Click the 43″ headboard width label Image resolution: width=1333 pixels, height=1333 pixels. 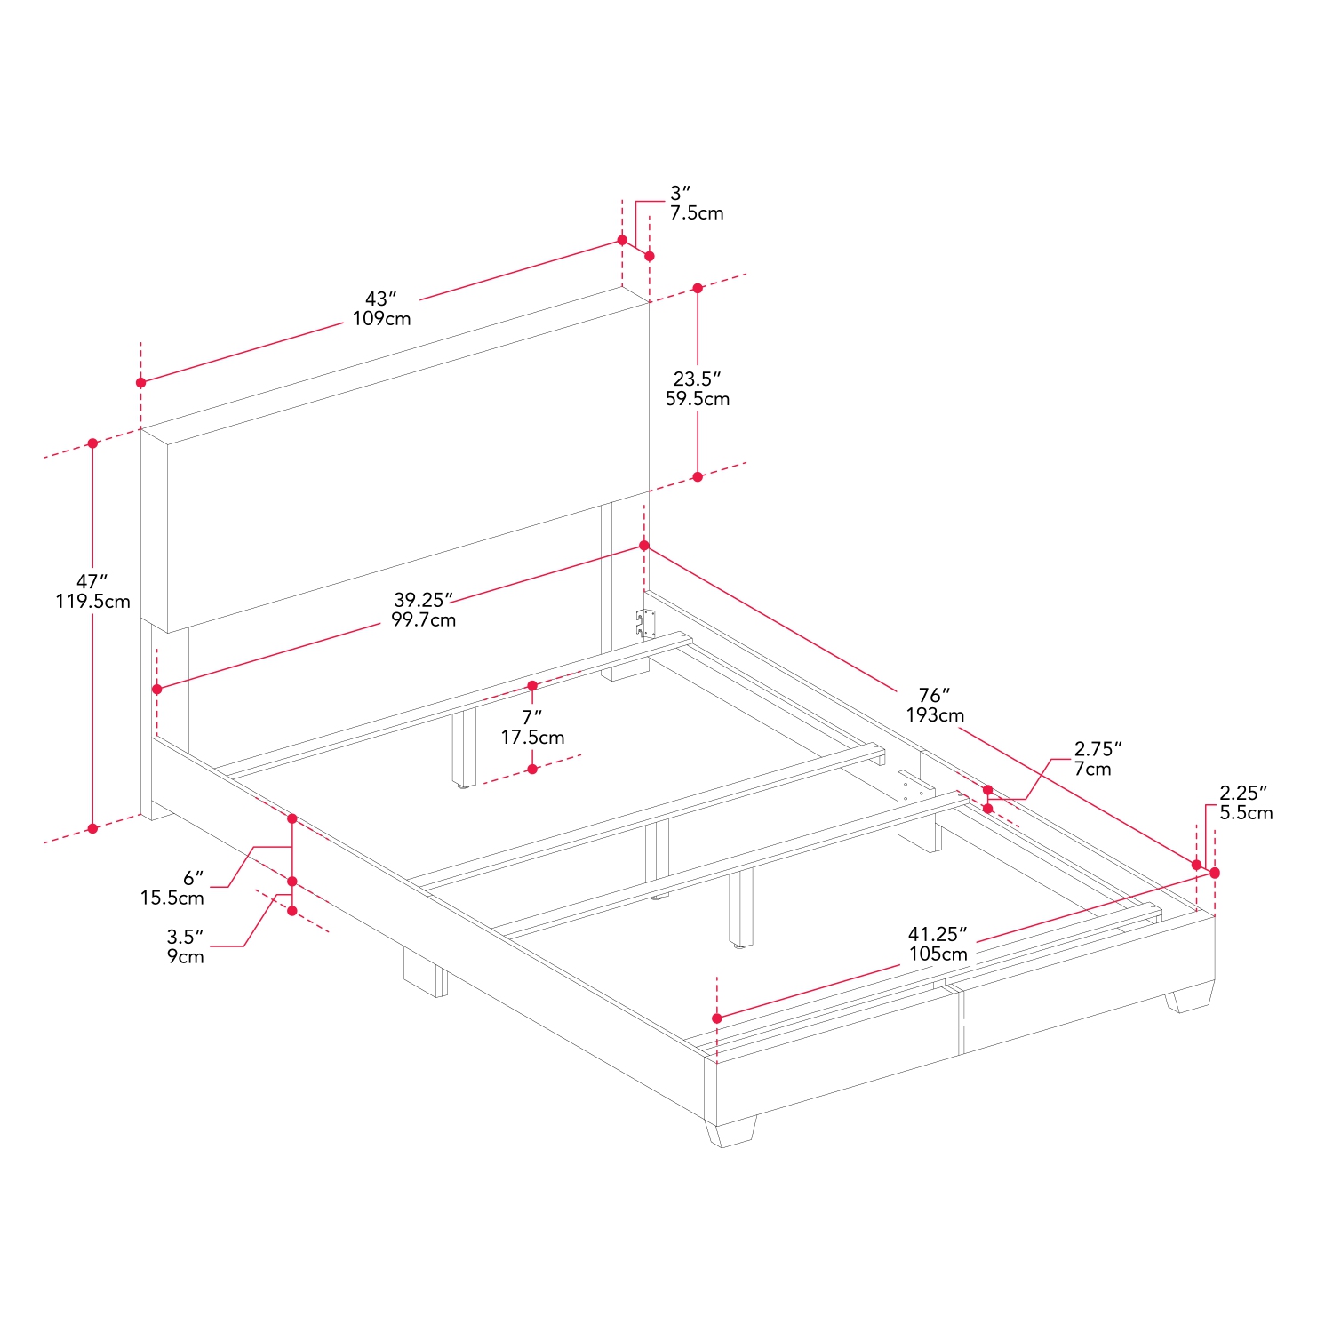(x=380, y=299)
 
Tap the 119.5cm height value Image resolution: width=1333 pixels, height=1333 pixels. (x=92, y=602)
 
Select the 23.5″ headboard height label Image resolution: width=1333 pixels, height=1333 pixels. (x=697, y=379)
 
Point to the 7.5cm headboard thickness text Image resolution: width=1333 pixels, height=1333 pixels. (x=697, y=213)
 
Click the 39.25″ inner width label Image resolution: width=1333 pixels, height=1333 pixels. (x=424, y=601)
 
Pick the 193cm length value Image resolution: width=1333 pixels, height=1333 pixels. (x=935, y=715)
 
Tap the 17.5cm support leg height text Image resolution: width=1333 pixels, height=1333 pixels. (x=532, y=738)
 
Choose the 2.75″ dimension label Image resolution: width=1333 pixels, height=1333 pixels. (x=1098, y=749)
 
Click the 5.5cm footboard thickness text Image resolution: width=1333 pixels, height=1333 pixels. (x=1246, y=813)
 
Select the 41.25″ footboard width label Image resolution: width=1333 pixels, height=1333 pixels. (x=938, y=934)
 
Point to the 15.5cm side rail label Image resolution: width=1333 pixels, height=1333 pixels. (x=172, y=898)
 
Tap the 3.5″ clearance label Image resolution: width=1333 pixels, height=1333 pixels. (x=185, y=937)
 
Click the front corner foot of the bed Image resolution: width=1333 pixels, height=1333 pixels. (x=731, y=1131)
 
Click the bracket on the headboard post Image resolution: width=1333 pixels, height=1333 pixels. (x=645, y=624)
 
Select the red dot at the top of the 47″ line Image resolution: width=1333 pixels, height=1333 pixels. (x=92, y=443)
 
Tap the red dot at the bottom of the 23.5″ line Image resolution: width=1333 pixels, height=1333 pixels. (x=698, y=477)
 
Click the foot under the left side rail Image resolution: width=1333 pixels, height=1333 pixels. (x=425, y=970)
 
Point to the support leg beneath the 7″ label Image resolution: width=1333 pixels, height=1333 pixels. (x=463, y=750)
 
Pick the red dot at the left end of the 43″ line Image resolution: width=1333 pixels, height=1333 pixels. (x=140, y=382)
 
